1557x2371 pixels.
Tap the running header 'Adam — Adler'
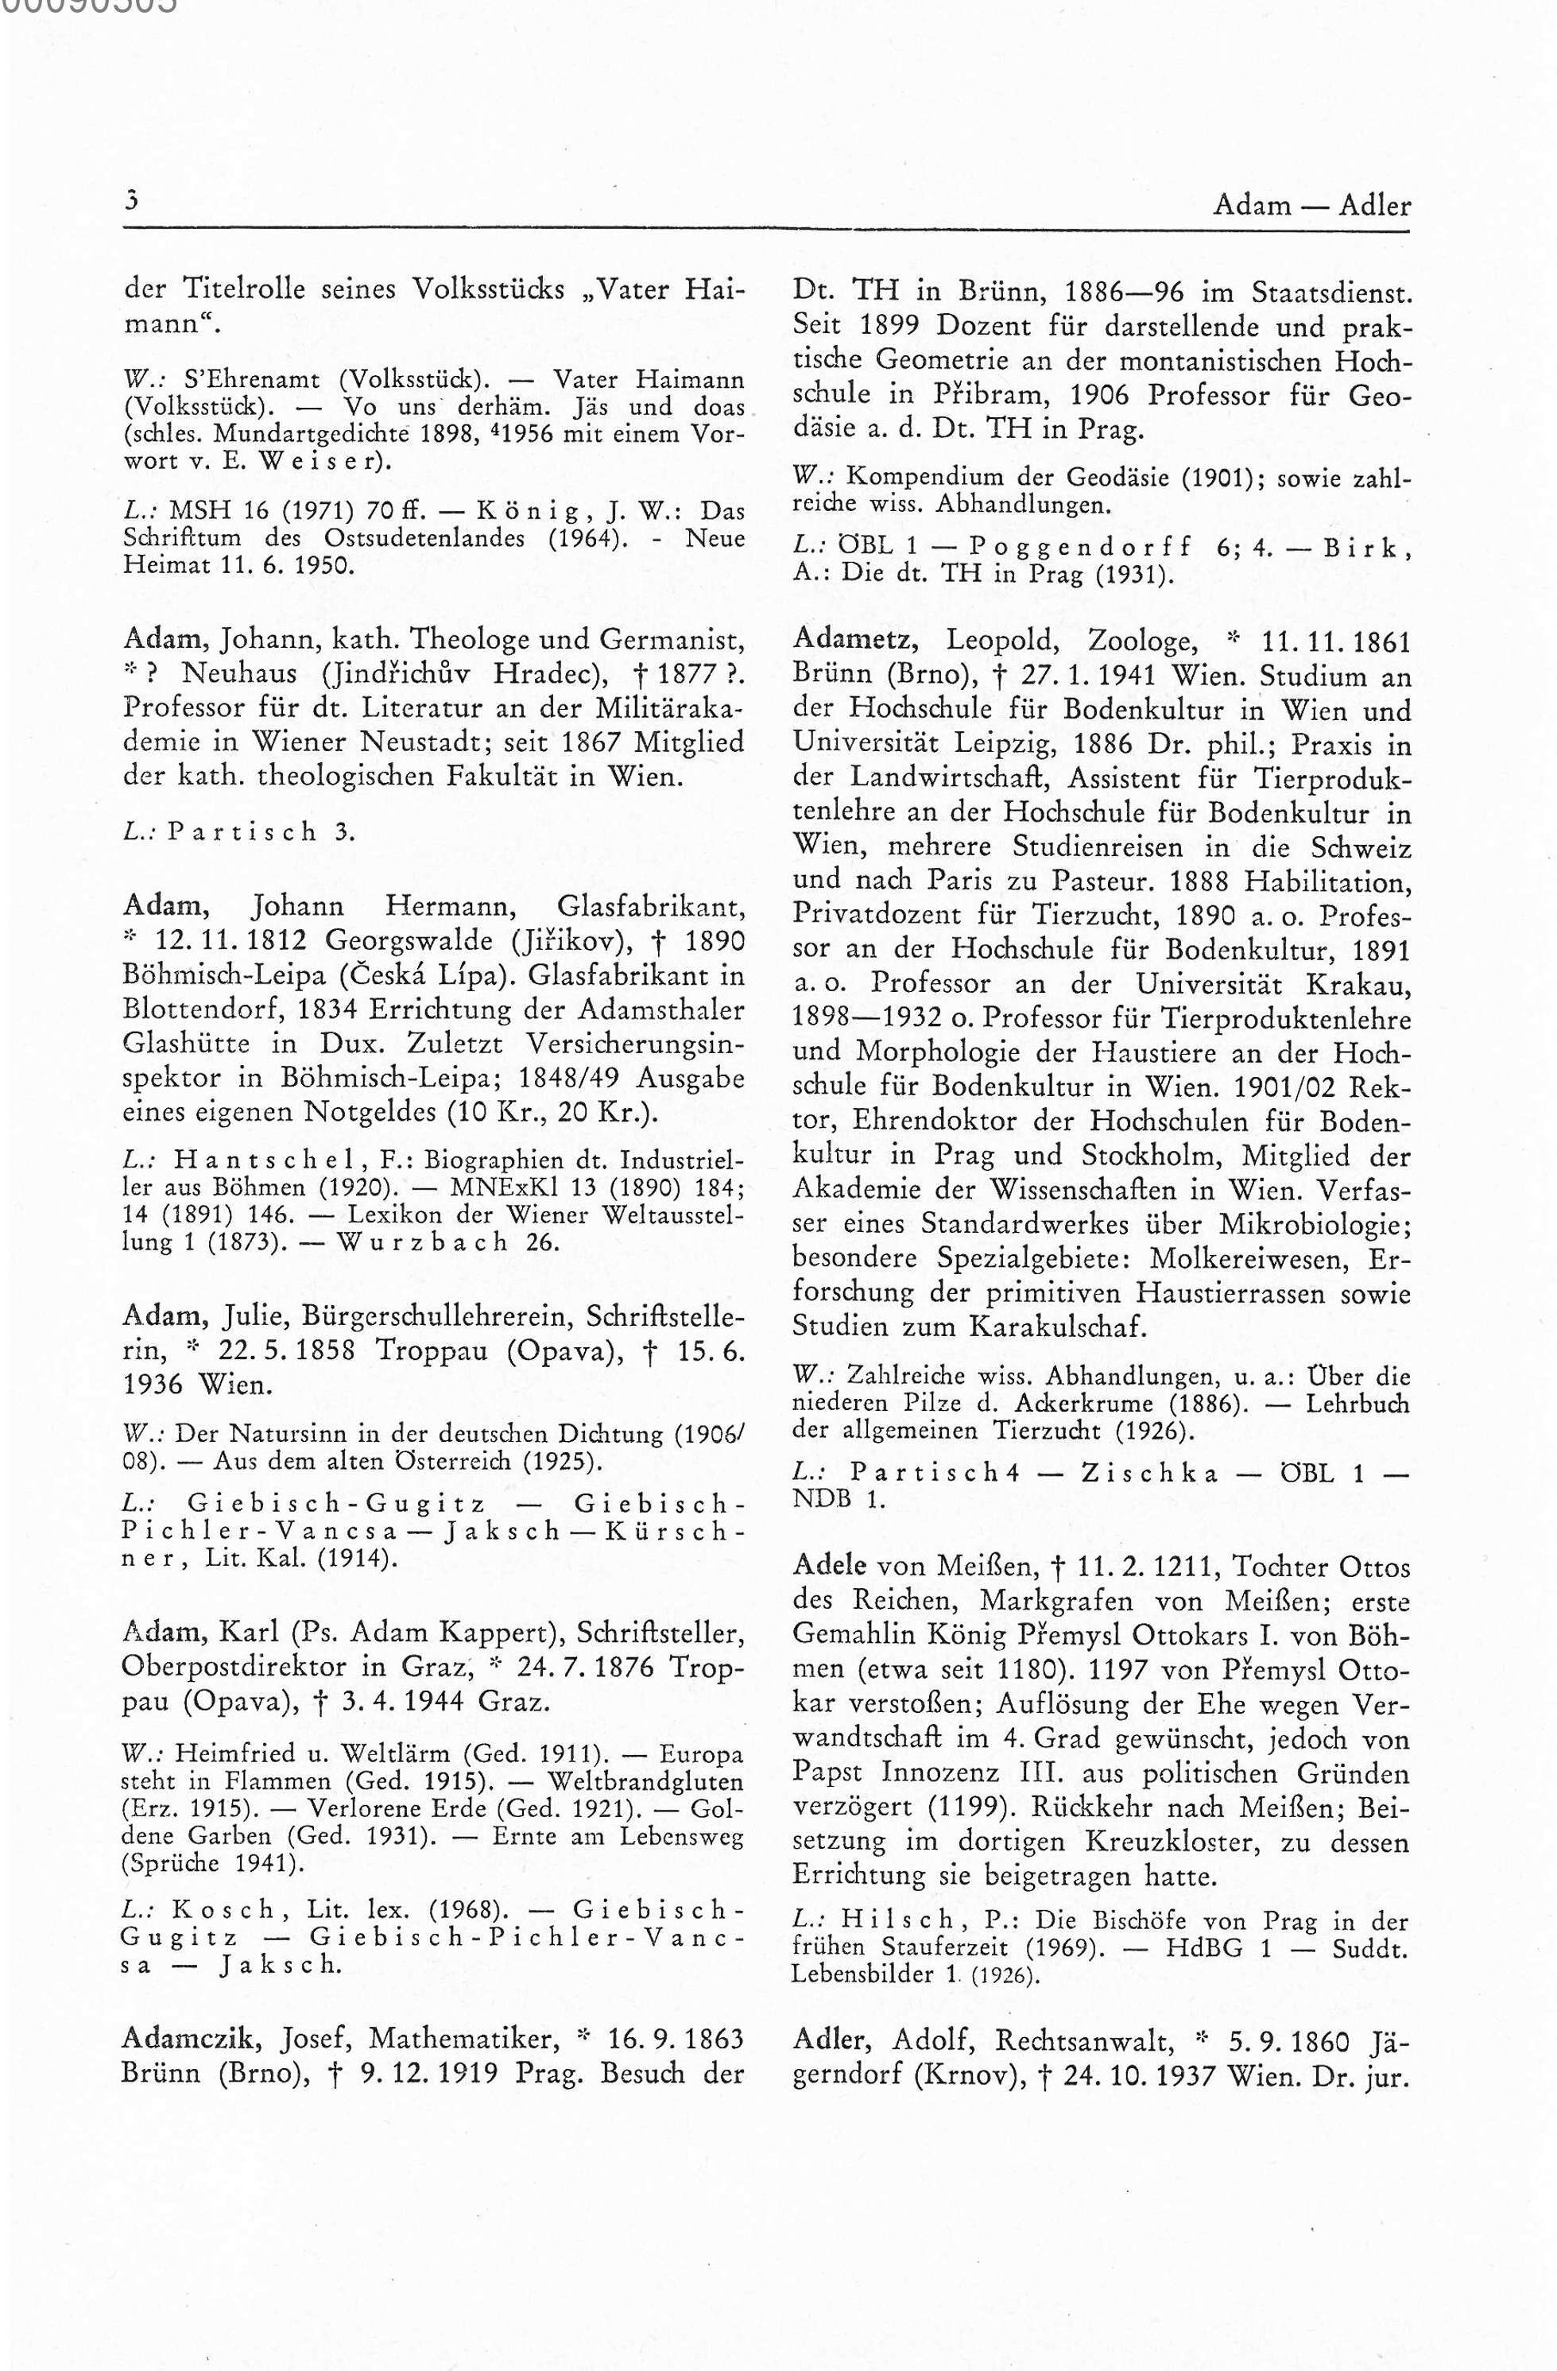tap(1311, 205)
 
